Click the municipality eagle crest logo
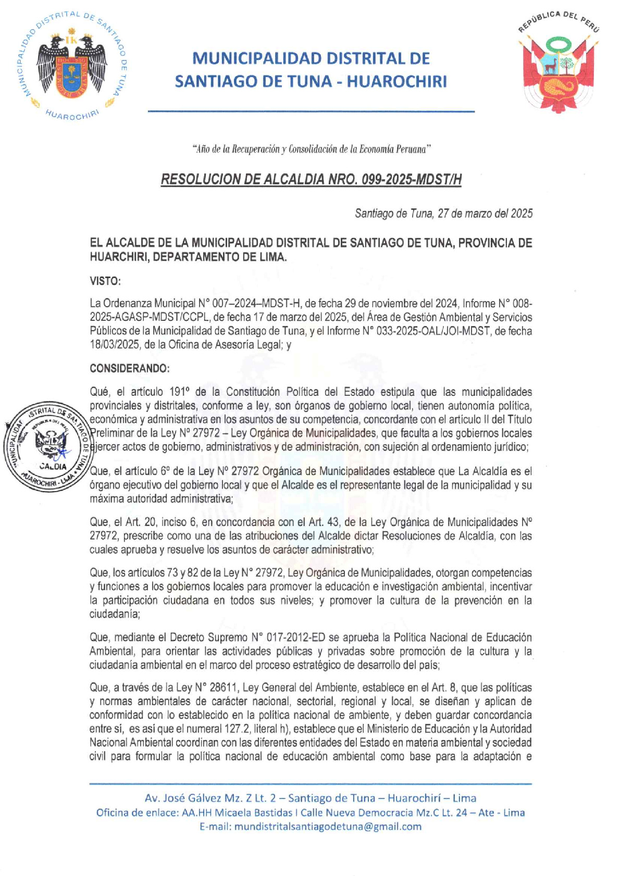tap(75, 65)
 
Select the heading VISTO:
tap(105, 281)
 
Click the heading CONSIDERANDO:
tap(130, 368)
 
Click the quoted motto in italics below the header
tap(312, 149)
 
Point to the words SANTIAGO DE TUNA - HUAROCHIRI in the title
tap(311, 82)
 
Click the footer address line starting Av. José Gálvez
tap(311, 798)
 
